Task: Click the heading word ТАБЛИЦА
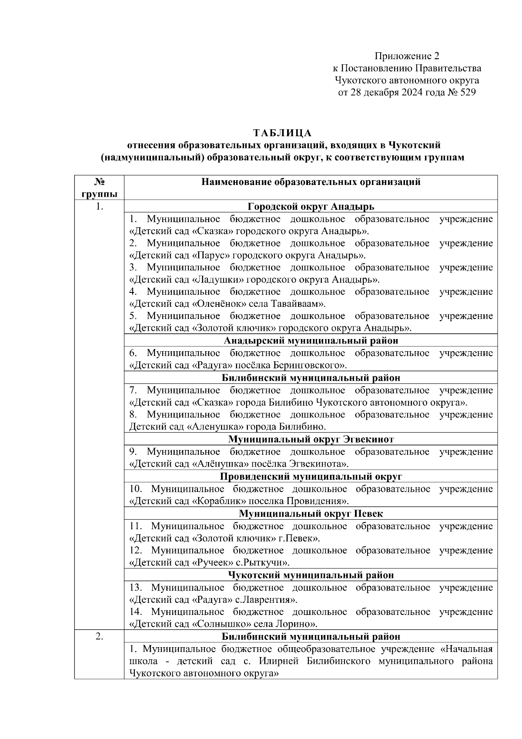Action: [x=283, y=132]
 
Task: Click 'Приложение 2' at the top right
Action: [x=407, y=56]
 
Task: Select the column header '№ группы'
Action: [x=100, y=188]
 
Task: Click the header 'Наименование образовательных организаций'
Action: [x=311, y=182]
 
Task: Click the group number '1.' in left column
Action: [x=100, y=206]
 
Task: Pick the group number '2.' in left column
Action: [x=100, y=636]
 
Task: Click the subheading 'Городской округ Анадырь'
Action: [x=311, y=206]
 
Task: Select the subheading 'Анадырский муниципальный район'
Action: [x=311, y=340]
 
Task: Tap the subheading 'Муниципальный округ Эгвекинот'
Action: [x=311, y=439]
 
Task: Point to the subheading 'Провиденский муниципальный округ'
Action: [x=311, y=476]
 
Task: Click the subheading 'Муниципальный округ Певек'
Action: [x=311, y=514]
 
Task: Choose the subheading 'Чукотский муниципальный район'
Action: [x=311, y=575]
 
